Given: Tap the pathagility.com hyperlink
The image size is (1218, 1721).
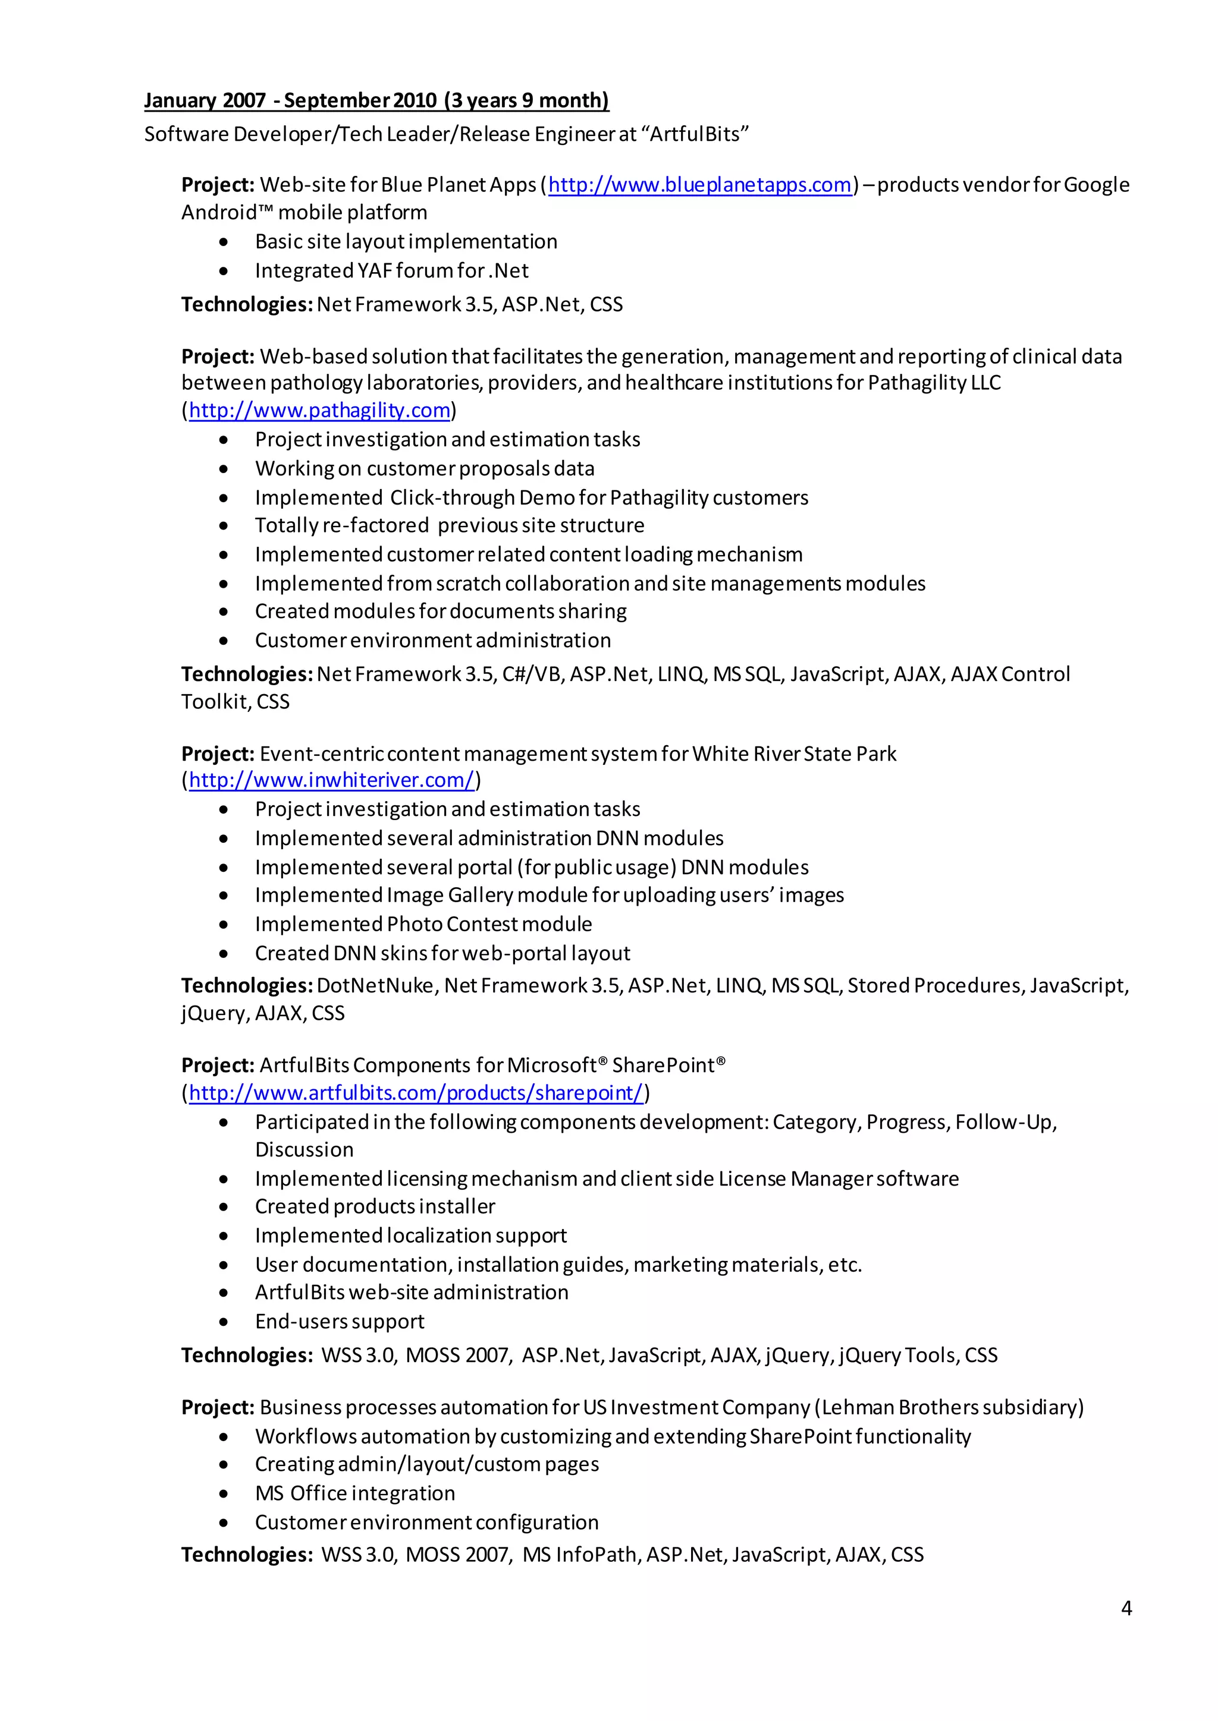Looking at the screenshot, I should coord(319,410).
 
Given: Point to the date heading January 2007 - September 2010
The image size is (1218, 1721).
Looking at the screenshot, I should coord(376,100).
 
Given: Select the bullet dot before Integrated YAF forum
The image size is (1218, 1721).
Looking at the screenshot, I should coord(224,270).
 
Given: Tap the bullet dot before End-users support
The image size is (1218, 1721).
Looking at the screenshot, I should coord(224,1322).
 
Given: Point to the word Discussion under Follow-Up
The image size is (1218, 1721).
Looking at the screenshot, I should coord(304,1149).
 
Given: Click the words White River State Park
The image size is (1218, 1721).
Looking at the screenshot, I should coord(793,754).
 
